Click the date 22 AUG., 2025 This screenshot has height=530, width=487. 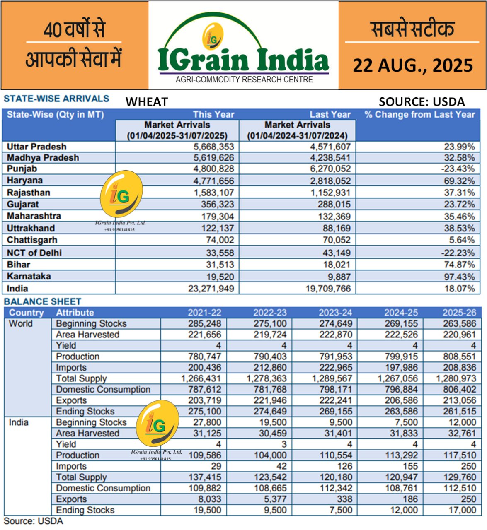[412, 65]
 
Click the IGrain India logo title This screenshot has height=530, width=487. [243, 60]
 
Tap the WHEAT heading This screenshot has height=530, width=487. [147, 102]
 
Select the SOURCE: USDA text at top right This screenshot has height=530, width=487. [422, 102]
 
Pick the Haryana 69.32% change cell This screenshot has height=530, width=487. [459, 181]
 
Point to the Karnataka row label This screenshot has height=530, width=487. [29, 276]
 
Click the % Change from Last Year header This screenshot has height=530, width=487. [419, 115]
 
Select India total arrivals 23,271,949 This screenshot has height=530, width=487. [211, 289]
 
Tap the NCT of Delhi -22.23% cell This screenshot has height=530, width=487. [459, 253]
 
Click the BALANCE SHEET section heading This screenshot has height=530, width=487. [42, 301]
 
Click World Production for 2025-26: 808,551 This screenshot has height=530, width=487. [459, 357]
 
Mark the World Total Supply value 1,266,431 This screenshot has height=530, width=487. [201, 378]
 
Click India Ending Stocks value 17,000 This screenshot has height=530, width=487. [462, 510]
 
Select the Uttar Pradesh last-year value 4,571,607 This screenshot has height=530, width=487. [328, 147]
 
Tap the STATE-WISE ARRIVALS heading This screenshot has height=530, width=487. [56, 99]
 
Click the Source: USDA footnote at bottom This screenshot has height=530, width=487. [33, 521]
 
